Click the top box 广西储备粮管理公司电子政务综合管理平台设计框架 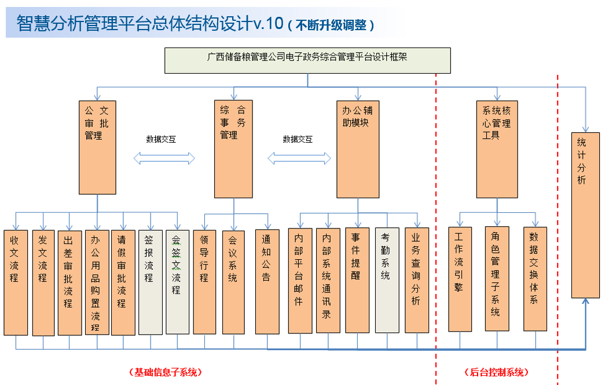click(307, 60)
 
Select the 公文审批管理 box click(97, 147)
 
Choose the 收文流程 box click(16, 282)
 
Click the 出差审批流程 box click(69, 282)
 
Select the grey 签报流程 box click(151, 282)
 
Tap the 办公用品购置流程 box click(97, 282)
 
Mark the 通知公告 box click(267, 282)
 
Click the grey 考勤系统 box click(387, 280)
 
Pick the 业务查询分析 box click(416, 280)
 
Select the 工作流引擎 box click(460, 278)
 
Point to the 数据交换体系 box click(535, 278)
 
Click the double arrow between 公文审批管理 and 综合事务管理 click(164, 158)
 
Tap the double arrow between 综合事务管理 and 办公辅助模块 click(299, 158)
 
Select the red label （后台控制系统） click(497, 372)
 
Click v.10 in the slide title click(268, 23)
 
